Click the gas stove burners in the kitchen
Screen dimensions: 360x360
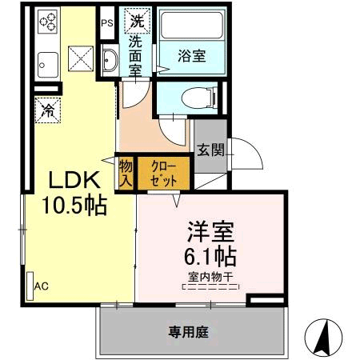pos(47,22)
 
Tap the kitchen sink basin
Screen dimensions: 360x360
pos(48,65)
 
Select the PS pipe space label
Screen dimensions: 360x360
pos(107,23)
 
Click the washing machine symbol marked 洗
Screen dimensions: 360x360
pos(138,21)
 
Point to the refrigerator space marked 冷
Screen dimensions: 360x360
pos(48,110)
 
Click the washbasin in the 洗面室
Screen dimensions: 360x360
pos(110,61)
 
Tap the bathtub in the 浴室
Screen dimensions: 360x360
pos(192,26)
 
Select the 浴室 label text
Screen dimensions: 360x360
pos(192,56)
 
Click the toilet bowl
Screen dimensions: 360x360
pos(198,98)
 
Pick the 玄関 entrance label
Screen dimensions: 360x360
pos(210,150)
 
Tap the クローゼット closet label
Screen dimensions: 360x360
pos(163,174)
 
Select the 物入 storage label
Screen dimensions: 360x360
pos(126,174)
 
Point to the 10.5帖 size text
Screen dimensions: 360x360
pos(74,206)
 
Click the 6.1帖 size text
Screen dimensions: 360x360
pos(210,257)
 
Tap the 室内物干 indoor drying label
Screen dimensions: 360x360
pos(210,277)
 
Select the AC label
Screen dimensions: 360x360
pos(42,286)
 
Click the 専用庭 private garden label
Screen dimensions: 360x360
pos(188,332)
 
